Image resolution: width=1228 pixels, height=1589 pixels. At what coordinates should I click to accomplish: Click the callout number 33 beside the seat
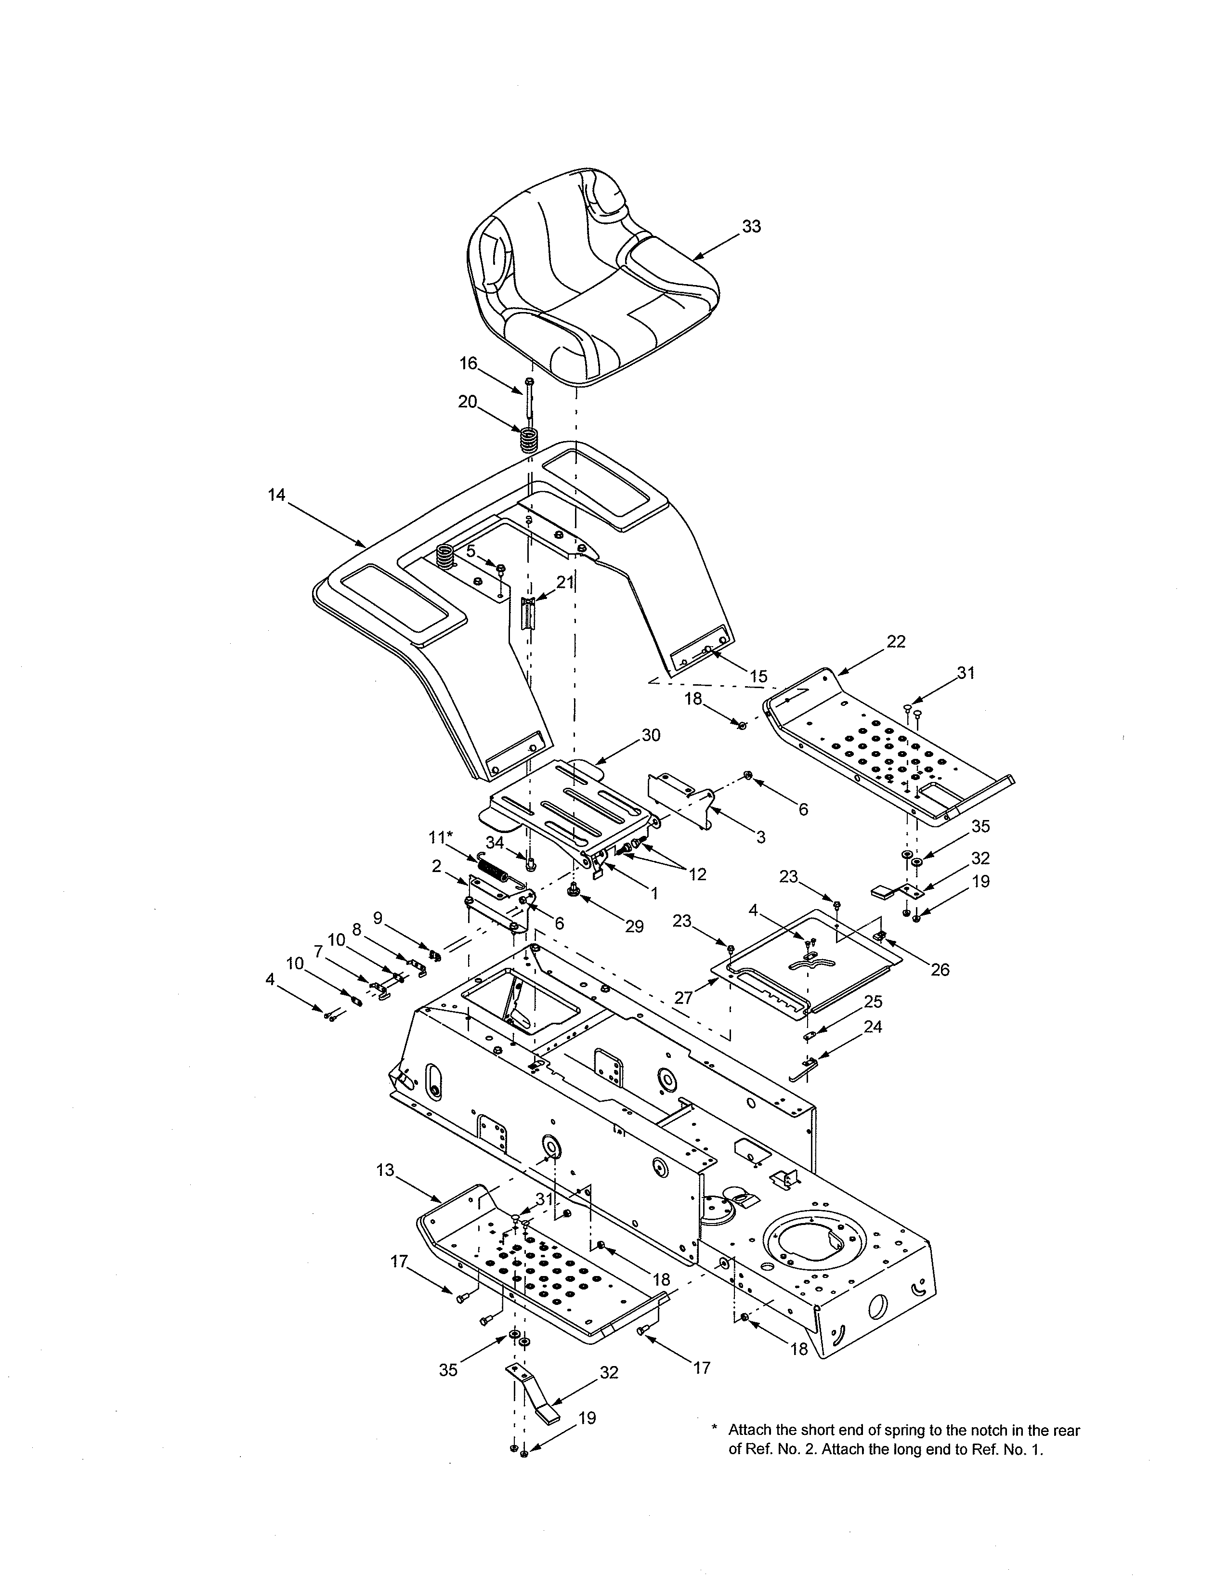click(752, 226)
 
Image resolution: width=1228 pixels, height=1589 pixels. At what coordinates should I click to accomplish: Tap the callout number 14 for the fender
click(276, 495)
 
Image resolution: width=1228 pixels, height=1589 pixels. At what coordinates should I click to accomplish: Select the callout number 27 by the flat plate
click(683, 998)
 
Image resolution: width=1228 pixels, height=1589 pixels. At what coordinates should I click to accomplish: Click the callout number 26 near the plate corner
click(940, 969)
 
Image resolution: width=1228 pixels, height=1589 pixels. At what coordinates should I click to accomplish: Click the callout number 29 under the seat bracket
click(634, 926)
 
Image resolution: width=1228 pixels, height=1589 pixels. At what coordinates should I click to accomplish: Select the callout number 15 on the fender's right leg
click(758, 677)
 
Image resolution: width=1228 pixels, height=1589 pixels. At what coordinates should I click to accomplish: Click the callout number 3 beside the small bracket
click(760, 837)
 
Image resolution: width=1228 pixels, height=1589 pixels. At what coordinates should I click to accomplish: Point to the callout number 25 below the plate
click(873, 1002)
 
